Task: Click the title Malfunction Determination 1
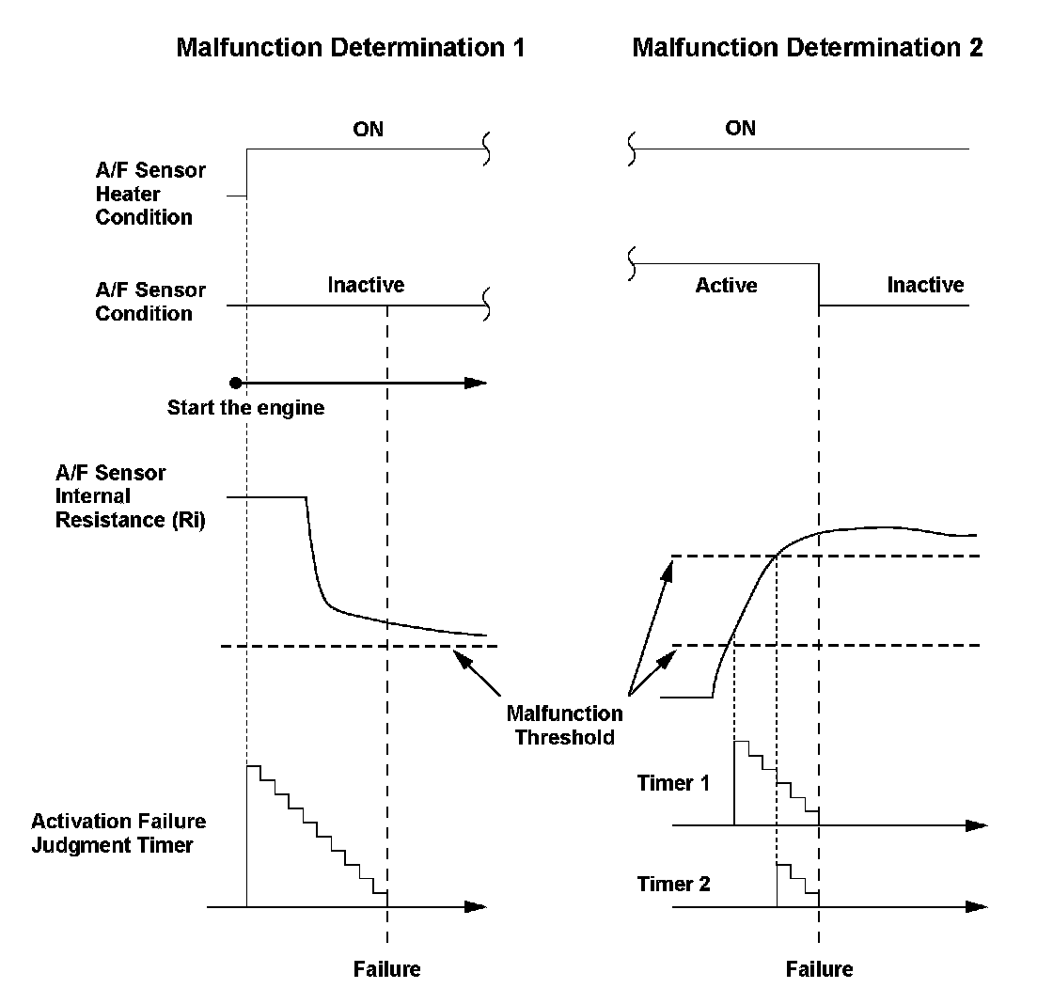(351, 48)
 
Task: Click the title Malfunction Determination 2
(808, 48)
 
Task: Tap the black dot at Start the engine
(236, 383)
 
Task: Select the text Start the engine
(245, 408)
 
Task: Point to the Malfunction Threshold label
(564, 725)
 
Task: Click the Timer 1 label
(673, 783)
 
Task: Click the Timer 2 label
(673, 885)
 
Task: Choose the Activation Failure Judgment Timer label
(118, 833)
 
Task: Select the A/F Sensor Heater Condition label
(143, 195)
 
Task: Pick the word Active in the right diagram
(726, 285)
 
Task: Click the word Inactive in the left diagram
(366, 285)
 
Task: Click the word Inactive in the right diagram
(925, 285)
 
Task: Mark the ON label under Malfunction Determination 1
(368, 129)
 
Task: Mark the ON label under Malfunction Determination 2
(740, 129)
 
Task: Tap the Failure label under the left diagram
(386, 969)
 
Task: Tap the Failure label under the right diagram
(819, 969)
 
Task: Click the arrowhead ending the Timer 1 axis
(978, 825)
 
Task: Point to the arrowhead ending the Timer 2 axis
(978, 907)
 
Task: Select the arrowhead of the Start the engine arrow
(477, 383)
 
